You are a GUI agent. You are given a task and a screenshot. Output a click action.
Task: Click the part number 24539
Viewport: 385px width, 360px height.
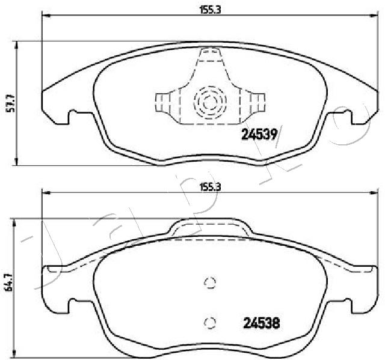click(x=259, y=134)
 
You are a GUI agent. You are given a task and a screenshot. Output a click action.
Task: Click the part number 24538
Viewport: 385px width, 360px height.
click(x=261, y=323)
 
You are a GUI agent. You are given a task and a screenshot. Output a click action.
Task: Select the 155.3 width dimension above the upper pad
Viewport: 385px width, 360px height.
click(x=210, y=10)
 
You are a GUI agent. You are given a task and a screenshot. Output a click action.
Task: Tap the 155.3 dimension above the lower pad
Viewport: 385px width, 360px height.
click(x=210, y=188)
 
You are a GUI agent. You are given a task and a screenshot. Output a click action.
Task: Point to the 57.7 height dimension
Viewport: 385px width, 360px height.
click(x=11, y=103)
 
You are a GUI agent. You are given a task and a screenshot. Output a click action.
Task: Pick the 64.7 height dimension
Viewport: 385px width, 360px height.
click(x=9, y=282)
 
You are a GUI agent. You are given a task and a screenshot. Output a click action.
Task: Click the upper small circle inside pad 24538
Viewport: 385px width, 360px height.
click(x=210, y=282)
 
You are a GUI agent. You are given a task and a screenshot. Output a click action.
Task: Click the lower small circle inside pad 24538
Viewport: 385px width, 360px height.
click(x=210, y=323)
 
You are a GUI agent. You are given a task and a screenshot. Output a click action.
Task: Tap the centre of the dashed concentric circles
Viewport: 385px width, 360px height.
click(x=210, y=102)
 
